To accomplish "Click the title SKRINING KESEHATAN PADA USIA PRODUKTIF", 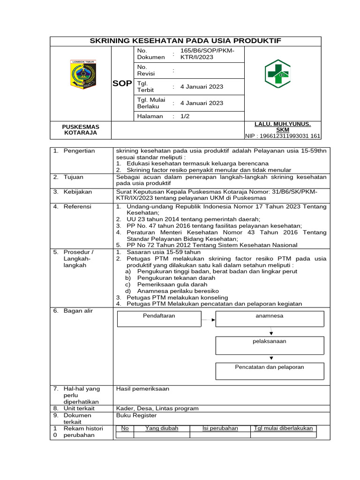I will point(185,41).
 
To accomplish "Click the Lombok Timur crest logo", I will point(82,74).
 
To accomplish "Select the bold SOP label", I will point(122,83).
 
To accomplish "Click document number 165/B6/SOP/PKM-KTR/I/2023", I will point(206,53).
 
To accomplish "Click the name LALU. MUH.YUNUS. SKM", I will point(282,127).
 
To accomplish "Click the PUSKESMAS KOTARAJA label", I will point(81,129).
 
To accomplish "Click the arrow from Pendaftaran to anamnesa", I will point(208,320).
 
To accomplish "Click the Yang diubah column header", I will point(162,428).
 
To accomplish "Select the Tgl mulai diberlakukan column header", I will point(283,428).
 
